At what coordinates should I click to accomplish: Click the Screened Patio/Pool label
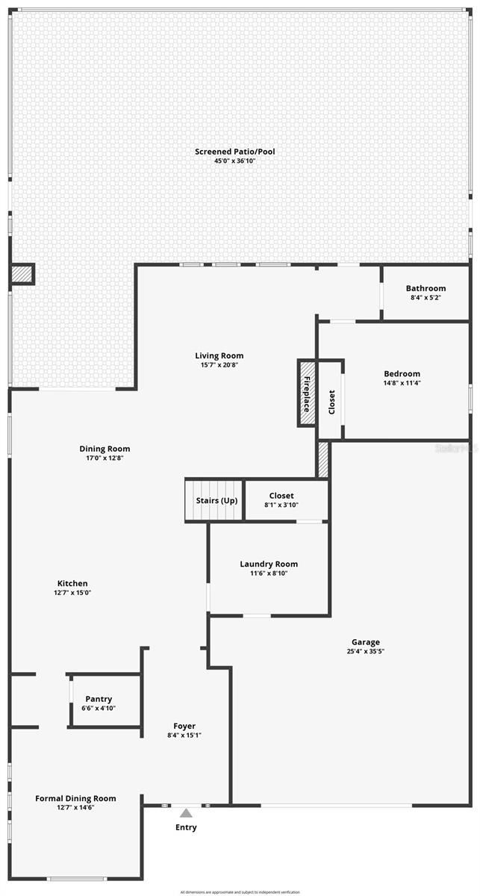[x=235, y=152]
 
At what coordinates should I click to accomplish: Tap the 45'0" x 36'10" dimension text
[x=235, y=161]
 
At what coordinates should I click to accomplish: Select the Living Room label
[x=219, y=355]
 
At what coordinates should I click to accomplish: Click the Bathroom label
[x=426, y=288]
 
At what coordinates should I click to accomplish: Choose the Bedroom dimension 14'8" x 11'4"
[x=402, y=383]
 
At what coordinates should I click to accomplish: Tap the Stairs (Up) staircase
[x=215, y=500]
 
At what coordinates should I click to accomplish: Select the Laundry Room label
[x=269, y=564]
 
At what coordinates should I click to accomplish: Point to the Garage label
[x=366, y=641]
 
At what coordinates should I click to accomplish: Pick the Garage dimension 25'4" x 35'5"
[x=366, y=651]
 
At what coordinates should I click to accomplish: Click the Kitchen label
[x=72, y=583]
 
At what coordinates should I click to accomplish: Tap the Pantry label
[x=99, y=699]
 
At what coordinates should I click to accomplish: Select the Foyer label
[x=184, y=726]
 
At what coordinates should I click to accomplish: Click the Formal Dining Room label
[x=75, y=798]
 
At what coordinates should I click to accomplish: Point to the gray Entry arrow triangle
[x=186, y=813]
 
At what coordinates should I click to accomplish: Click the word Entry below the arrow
[x=186, y=827]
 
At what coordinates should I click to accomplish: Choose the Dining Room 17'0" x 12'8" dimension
[x=105, y=458]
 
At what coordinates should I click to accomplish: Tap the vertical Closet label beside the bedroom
[x=331, y=402]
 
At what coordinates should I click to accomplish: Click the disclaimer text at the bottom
[x=240, y=892]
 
